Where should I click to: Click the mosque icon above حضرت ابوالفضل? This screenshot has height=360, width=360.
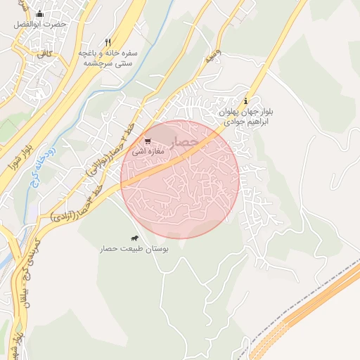[39, 13]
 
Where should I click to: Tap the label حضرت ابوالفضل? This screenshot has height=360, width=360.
[39, 24]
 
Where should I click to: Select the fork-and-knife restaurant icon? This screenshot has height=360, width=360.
[108, 41]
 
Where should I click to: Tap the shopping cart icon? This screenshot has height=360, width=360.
[148, 141]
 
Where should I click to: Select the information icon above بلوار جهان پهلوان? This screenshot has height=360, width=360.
[245, 101]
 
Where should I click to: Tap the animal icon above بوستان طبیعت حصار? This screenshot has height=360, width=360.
[134, 239]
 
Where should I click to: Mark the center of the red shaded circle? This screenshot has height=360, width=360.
[180, 179]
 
